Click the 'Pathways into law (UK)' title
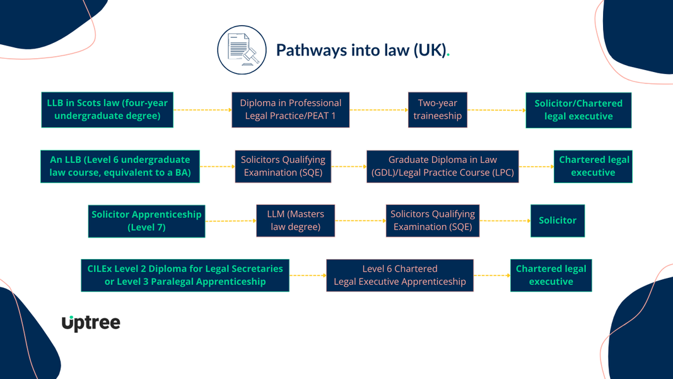[362, 50]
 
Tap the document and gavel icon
[242, 50]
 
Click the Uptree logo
[91, 323]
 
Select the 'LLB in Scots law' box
[107, 109]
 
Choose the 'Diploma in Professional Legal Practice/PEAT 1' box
[290, 109]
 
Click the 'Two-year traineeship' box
[437, 109]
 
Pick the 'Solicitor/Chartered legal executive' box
[578, 110]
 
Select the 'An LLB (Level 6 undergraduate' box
[120, 166]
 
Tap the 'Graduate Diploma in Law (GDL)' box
[442, 166]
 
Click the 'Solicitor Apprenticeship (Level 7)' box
[146, 220]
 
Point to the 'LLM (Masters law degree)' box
[295, 220]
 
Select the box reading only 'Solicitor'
[558, 220]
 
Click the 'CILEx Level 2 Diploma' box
[185, 275]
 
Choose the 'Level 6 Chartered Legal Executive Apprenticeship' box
[399, 275]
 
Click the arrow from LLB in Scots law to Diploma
[202, 110]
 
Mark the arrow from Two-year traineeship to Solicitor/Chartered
[496, 110]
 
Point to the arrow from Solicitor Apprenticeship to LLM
[231, 220]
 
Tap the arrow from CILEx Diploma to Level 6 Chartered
[308, 275]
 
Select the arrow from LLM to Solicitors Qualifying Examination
[360, 220]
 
